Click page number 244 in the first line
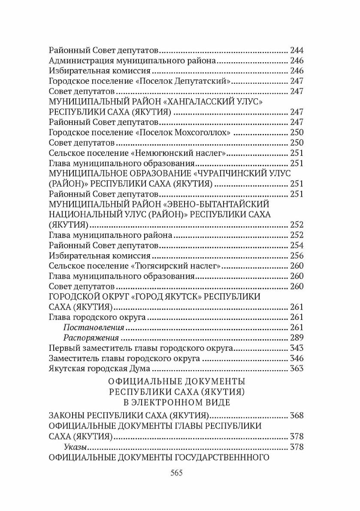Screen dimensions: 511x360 [296, 50]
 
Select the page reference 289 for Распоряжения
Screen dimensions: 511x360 [296, 337]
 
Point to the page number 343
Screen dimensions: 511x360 [296, 347]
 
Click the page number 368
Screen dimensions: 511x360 [296, 416]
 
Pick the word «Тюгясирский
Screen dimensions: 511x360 [157, 266]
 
